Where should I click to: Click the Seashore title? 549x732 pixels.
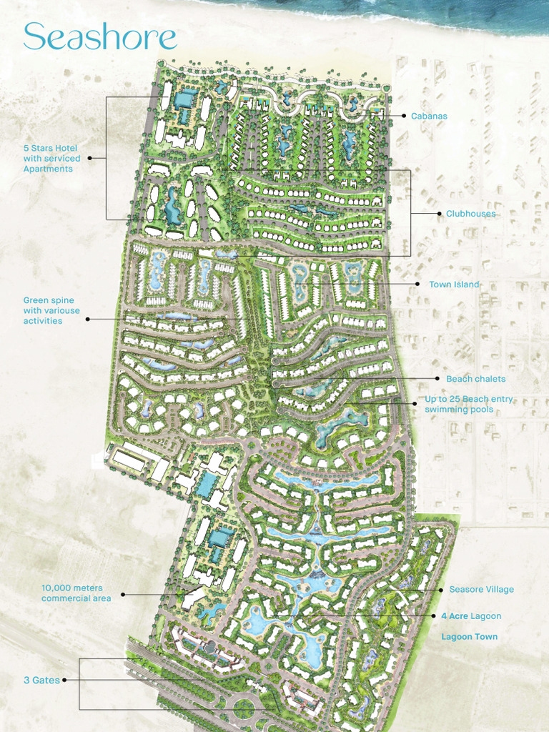click(x=100, y=36)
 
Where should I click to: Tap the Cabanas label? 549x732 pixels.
click(x=429, y=116)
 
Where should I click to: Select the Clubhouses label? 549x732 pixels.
click(x=470, y=214)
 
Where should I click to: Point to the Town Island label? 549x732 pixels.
click(x=454, y=285)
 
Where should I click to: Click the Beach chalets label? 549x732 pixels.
click(x=475, y=379)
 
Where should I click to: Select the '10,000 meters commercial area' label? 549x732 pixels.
click(x=76, y=593)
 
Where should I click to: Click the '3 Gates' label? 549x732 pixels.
click(x=41, y=681)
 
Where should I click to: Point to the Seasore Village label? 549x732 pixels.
click(x=481, y=590)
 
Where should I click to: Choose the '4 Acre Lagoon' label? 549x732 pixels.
click(x=471, y=616)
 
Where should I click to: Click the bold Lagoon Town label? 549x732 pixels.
click(x=469, y=637)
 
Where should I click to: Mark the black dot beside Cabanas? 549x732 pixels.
click(x=404, y=116)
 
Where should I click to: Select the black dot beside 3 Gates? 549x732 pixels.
click(x=65, y=681)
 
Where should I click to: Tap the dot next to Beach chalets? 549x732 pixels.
click(x=437, y=379)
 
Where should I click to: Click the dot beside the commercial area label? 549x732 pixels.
click(x=122, y=594)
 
